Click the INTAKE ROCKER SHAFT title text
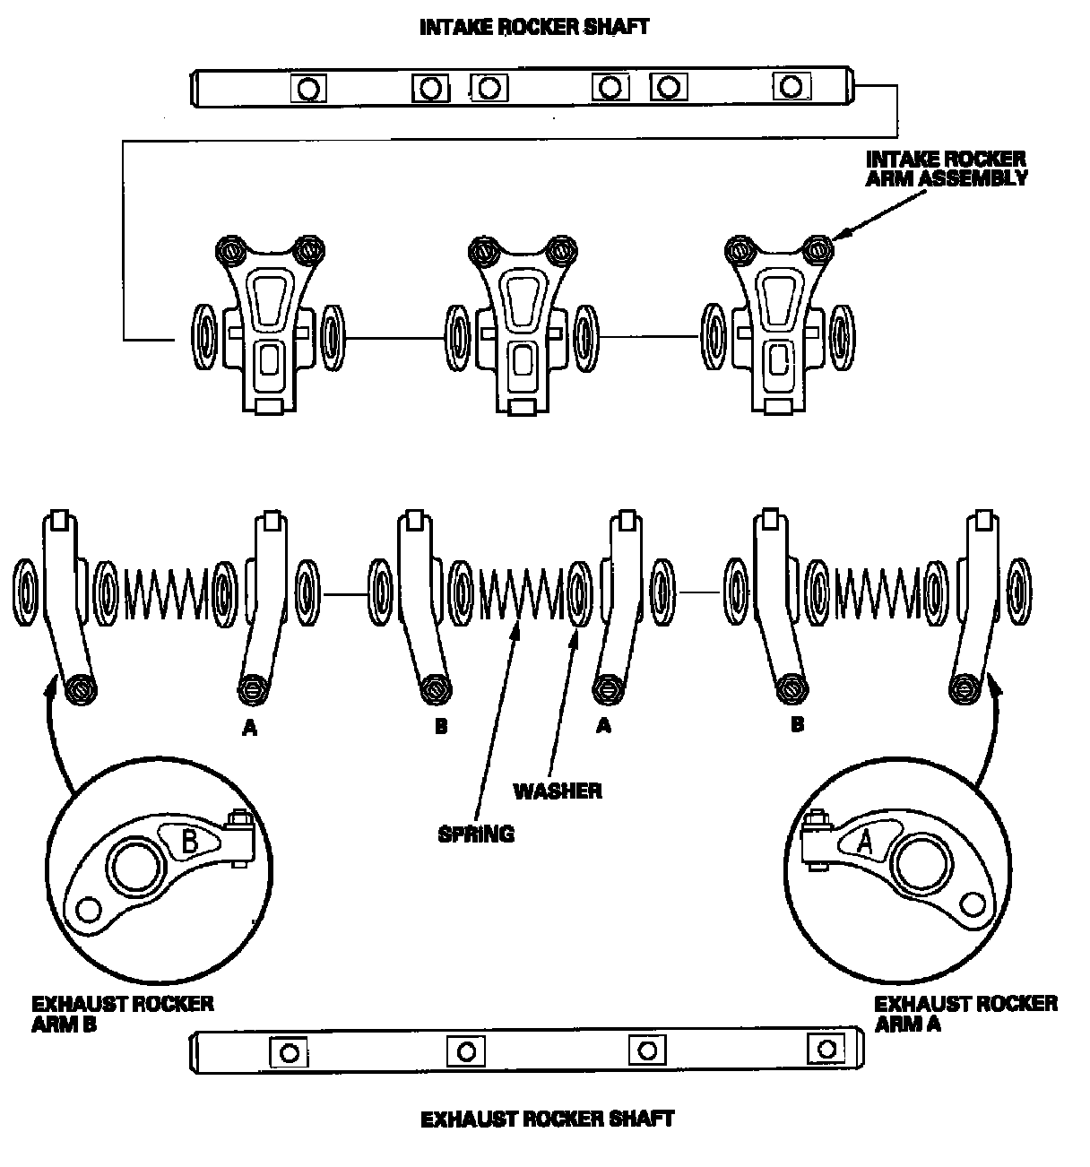point(534,28)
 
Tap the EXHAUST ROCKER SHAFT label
point(547,1119)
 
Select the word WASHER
point(558,791)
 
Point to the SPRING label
point(476,834)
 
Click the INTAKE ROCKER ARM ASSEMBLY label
point(947,169)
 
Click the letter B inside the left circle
point(190,841)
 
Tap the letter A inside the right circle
point(864,843)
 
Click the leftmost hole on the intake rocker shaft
point(308,90)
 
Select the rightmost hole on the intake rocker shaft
point(791,87)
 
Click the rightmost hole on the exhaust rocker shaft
point(826,1049)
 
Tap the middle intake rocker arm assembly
point(522,326)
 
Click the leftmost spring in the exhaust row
point(167,593)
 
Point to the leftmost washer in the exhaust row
point(25,592)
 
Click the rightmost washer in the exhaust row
point(1019,591)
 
